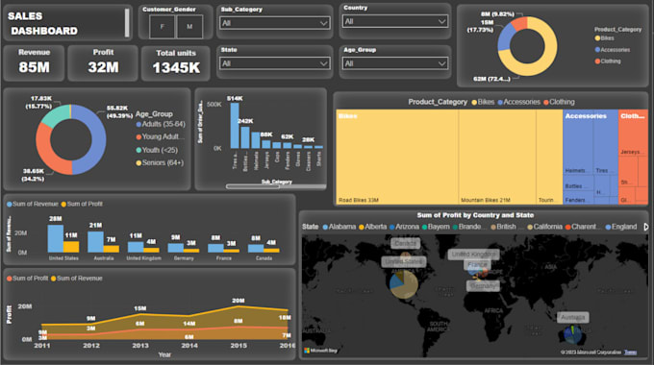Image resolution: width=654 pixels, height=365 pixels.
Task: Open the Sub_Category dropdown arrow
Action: coord(322,22)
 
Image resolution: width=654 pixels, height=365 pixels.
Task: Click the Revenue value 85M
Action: coord(34,66)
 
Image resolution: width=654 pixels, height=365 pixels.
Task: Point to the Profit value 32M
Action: coord(103,66)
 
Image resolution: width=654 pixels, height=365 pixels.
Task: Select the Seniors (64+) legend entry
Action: coord(164,162)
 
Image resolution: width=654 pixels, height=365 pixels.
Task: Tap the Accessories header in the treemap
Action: coord(586,116)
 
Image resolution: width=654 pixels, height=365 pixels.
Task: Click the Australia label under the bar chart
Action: coord(95,258)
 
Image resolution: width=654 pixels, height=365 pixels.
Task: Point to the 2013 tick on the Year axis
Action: coord(140,344)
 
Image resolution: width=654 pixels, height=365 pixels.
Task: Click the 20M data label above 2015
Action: coord(238,301)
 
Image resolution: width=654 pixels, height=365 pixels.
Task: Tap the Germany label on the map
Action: coord(485,284)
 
